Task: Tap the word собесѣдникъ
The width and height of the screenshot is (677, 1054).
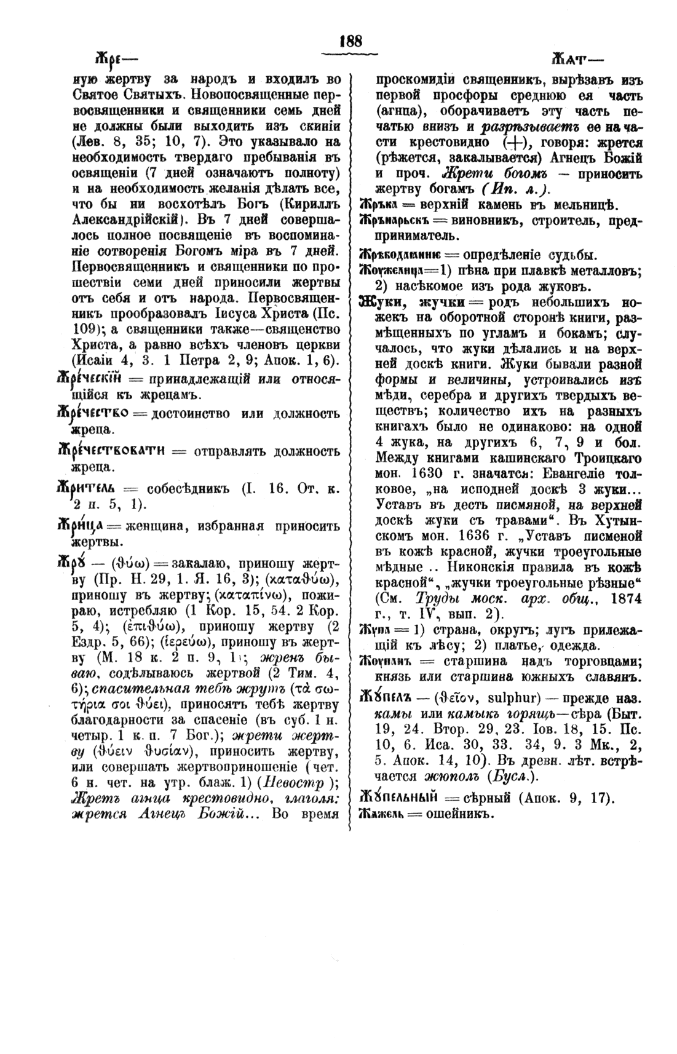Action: pyautogui.click(x=188, y=489)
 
